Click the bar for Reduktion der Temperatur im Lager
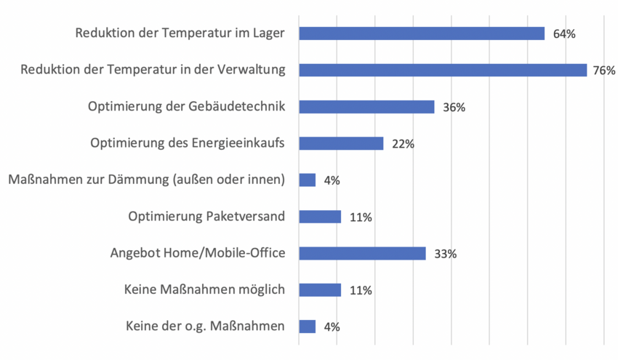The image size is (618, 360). pyautogui.click(x=422, y=33)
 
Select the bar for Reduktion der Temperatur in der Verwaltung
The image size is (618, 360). pyautogui.click(x=443, y=70)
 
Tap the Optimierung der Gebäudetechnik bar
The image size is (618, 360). pyautogui.click(x=366, y=107)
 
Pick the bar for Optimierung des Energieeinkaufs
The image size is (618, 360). pyautogui.click(x=341, y=143)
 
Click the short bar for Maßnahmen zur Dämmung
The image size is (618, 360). pyautogui.click(x=308, y=180)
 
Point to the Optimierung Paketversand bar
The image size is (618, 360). pyautogui.click(x=320, y=217)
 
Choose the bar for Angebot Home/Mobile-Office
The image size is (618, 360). pyautogui.click(x=362, y=253)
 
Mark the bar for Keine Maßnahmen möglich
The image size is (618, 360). pyautogui.click(x=320, y=290)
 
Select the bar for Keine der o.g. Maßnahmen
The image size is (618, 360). pyautogui.click(x=308, y=327)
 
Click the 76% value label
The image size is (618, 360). pyautogui.click(x=604, y=71)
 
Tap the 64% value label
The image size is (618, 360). pyautogui.click(x=564, y=34)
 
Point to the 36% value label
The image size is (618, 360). pyautogui.click(x=454, y=108)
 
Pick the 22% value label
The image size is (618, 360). pyautogui.click(x=403, y=144)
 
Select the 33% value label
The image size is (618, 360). pyautogui.click(x=445, y=254)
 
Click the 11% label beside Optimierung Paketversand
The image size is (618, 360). pyautogui.click(x=361, y=217)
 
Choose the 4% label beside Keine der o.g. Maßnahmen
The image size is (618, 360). pyautogui.click(x=332, y=327)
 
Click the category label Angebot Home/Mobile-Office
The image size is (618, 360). pyautogui.click(x=197, y=253)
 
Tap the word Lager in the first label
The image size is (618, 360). pyautogui.click(x=270, y=33)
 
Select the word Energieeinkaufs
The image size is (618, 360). pyautogui.click(x=238, y=143)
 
